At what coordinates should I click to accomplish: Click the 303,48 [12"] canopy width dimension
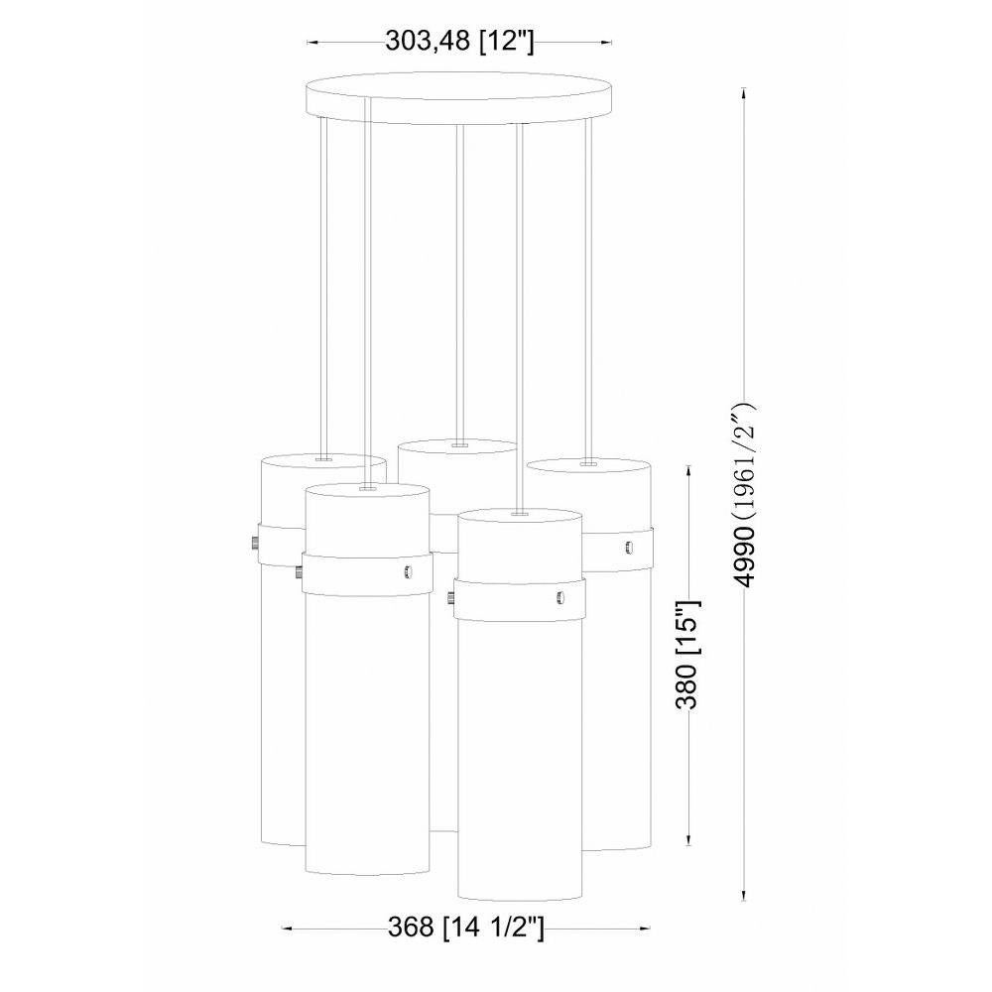460,42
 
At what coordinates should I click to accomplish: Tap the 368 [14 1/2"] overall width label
465,929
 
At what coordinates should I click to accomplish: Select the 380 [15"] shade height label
686,654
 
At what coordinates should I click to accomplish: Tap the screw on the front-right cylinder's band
559,596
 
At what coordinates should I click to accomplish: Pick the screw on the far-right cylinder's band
628,548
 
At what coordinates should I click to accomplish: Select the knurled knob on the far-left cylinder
254,544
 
